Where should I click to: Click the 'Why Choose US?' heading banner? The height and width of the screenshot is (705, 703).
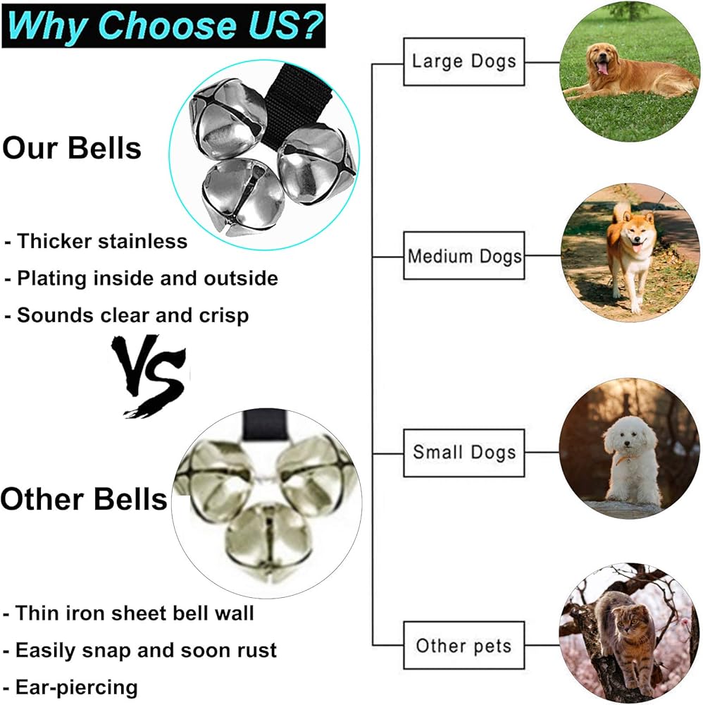(163, 25)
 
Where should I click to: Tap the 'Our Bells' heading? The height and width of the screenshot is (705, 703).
(72, 148)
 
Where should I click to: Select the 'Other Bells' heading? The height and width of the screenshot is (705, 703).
(84, 499)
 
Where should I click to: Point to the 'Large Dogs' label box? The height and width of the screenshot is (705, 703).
(464, 61)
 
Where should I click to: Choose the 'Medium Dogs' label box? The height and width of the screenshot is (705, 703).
(464, 255)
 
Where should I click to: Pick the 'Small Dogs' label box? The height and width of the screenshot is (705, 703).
(464, 453)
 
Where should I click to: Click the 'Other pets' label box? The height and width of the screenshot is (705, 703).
(464, 645)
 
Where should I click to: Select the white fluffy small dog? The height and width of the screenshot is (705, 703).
(632, 458)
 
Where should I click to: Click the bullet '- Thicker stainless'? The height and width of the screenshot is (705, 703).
(96, 241)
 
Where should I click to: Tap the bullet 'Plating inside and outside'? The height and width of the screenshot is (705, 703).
(147, 278)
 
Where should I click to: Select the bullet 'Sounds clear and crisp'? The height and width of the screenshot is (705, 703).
(132, 316)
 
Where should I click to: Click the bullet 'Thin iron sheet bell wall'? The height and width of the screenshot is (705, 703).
(135, 613)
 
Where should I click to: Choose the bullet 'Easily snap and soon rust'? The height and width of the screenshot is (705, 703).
(146, 651)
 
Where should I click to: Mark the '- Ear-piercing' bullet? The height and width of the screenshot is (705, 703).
(70, 687)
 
